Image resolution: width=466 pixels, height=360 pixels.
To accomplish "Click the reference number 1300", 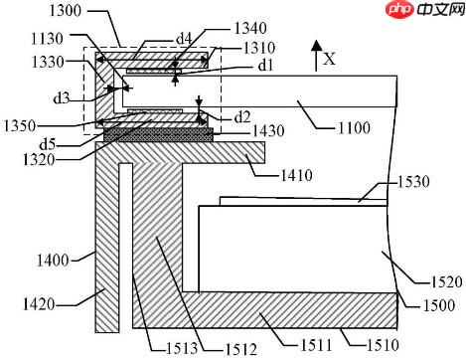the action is [66, 11].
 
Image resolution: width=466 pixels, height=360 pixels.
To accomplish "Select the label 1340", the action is [250, 28].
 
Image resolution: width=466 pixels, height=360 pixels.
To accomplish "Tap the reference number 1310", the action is [259, 48].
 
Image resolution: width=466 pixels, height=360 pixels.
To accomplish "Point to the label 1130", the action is [47, 39].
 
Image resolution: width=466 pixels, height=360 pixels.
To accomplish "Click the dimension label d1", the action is [265, 66].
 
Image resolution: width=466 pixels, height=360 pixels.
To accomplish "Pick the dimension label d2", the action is [242, 117].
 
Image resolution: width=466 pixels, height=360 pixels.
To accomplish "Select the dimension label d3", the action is [62, 98].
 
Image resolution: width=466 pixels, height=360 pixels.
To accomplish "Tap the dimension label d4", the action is [184, 39].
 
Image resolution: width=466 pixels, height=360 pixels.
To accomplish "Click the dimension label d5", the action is [48, 144].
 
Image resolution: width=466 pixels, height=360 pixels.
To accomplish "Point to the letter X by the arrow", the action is [329, 59].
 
